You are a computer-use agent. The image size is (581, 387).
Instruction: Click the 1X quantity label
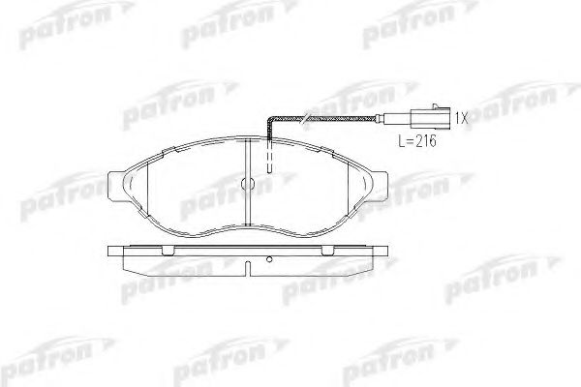tap(461, 118)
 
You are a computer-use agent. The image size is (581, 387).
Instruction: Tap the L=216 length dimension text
tap(417, 141)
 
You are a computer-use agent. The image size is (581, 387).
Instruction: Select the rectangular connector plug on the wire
tap(430, 119)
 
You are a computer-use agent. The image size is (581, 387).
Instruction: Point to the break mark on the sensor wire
tap(305, 119)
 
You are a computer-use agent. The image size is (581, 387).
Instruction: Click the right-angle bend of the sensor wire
tap(270, 120)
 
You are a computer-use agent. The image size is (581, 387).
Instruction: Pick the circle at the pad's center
tap(248, 183)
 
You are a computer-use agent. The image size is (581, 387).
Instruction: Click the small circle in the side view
tap(270, 259)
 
